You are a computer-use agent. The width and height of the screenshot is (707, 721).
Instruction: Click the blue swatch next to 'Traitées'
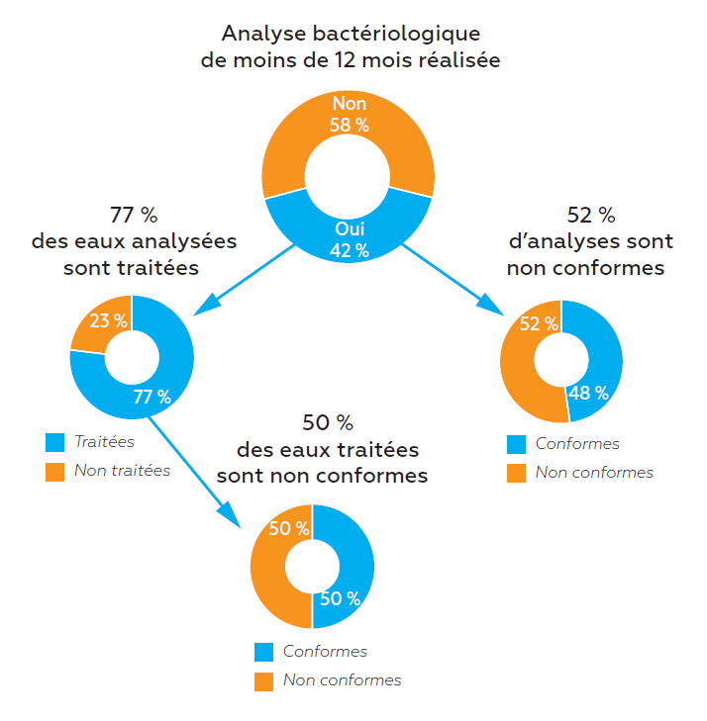55,442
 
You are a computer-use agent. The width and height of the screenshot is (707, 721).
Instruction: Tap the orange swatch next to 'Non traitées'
55,471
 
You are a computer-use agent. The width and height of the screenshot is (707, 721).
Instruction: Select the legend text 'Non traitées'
122,471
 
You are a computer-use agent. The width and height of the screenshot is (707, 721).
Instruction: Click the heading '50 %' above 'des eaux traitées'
328,423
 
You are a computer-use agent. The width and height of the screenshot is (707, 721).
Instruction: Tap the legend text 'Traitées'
105,442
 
